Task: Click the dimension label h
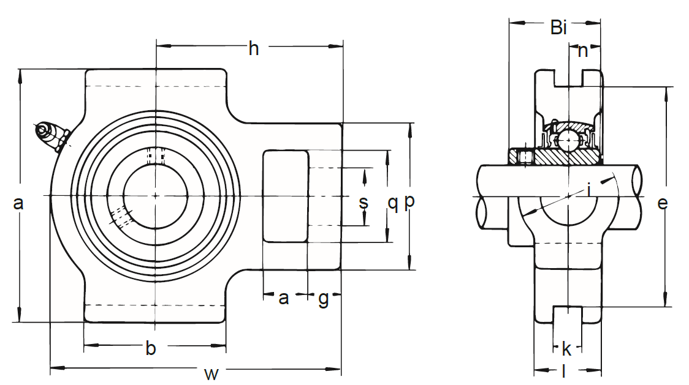254,48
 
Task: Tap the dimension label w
211,374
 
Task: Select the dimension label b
151,348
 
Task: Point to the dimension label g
324,299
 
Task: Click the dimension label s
364,203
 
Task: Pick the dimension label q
393,203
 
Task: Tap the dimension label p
409,201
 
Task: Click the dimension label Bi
558,28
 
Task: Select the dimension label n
583,51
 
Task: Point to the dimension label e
662,203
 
